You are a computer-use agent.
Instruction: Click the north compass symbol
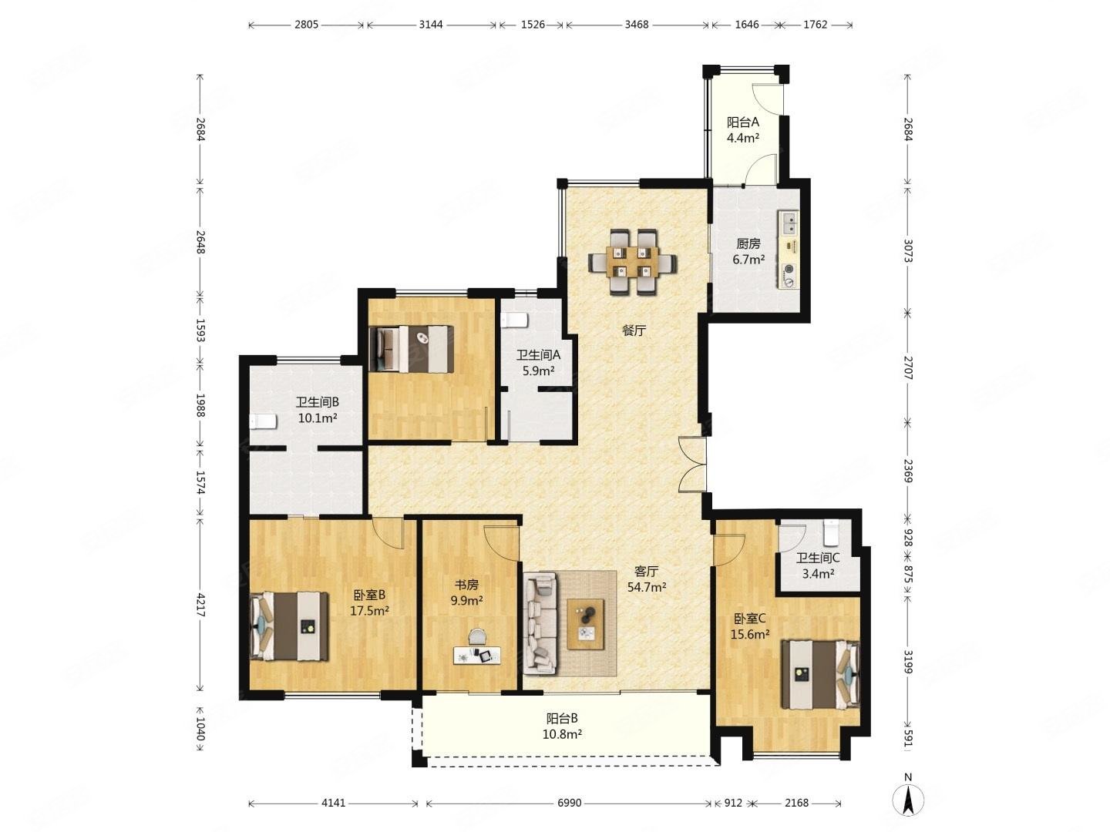tap(908, 800)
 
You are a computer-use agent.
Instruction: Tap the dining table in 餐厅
tap(633, 262)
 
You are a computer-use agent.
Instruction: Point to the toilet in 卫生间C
tap(831, 532)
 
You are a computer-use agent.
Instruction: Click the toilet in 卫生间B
tap(262, 421)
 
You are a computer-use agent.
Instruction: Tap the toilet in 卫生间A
tap(514, 320)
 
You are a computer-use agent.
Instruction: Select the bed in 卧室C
tap(819, 674)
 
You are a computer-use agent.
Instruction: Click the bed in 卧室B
tap(289, 626)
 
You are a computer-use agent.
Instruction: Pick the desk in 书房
tap(477, 655)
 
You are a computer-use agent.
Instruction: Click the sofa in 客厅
tap(540, 623)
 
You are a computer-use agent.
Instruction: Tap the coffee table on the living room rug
tap(586, 624)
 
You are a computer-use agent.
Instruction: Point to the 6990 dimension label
tap(569, 803)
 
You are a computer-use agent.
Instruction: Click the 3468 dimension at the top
tap(636, 24)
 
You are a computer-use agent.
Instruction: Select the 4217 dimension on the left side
tap(200, 604)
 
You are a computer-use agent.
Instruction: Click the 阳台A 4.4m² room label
tap(742, 130)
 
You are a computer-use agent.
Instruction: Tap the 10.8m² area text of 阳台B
tap(562, 734)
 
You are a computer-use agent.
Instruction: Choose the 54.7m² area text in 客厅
tap(646, 587)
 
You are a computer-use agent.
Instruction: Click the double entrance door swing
tap(691, 464)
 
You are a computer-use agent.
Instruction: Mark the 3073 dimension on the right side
tap(908, 250)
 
